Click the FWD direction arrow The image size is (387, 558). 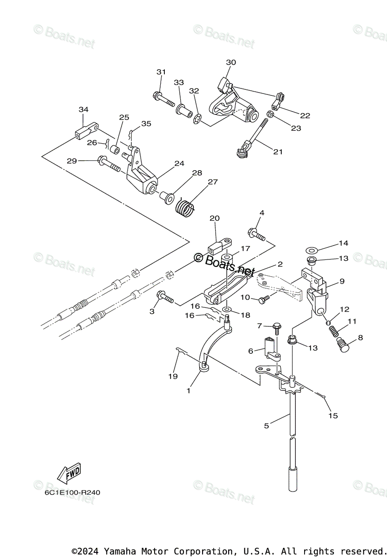tap(68, 473)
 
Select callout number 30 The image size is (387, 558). tap(231, 62)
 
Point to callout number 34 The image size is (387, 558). tap(83, 109)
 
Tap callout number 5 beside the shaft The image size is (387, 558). tap(266, 425)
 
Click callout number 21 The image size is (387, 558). tap(278, 152)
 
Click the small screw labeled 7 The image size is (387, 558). tap(276, 328)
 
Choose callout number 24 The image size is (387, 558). tap(179, 163)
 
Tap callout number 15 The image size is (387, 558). tap(333, 416)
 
